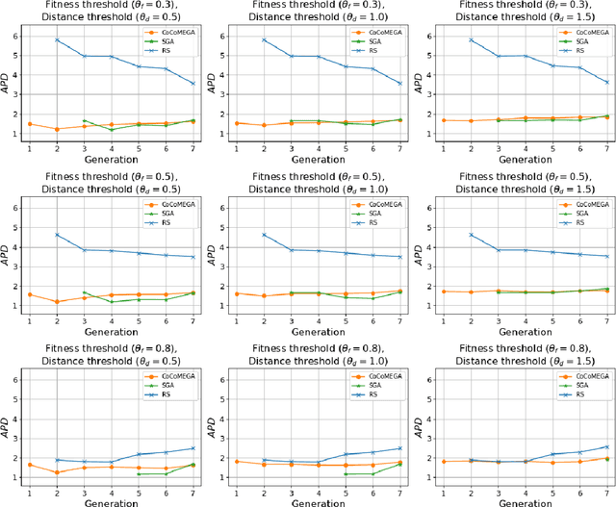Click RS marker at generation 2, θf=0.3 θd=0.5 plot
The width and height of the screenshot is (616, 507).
coord(57,40)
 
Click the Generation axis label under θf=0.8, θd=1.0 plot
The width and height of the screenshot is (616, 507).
coord(308,500)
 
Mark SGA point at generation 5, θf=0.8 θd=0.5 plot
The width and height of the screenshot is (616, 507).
coord(140,474)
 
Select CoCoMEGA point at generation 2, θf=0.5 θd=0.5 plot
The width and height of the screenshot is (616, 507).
coord(57,302)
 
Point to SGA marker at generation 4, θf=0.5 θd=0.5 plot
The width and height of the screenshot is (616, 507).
coord(112,302)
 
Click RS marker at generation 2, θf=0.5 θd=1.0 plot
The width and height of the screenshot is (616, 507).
coord(263,235)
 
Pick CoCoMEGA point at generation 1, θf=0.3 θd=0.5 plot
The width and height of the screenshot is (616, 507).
coord(30,124)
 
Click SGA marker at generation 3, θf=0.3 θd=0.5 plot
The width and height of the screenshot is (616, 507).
coord(85,121)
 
